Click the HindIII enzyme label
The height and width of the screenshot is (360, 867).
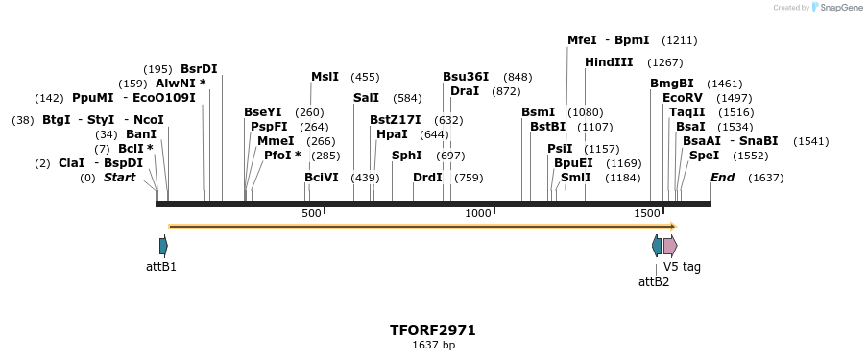click(609, 62)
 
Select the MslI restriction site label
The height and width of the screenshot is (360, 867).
click(325, 77)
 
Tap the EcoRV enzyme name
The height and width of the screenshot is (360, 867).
click(683, 98)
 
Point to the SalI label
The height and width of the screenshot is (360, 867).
click(366, 98)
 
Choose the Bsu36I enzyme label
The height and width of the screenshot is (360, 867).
click(466, 77)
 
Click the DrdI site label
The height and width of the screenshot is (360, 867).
click(427, 178)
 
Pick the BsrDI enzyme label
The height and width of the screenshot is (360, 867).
click(199, 69)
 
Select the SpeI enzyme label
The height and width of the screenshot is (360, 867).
click(704, 156)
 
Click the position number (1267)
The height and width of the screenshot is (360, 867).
click(665, 62)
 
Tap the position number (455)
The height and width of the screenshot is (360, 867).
click(365, 77)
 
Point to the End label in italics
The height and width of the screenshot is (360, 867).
click(722, 178)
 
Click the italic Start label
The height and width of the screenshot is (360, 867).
click(119, 178)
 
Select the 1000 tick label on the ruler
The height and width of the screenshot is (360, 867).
click(478, 213)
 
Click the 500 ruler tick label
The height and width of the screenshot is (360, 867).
click(311, 213)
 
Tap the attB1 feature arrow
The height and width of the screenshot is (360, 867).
click(163, 246)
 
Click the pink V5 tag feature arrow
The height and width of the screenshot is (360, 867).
click(669, 246)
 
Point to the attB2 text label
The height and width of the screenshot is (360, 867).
click(654, 281)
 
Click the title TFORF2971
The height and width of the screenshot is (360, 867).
click(433, 330)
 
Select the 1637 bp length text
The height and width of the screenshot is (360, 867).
click(433, 345)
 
